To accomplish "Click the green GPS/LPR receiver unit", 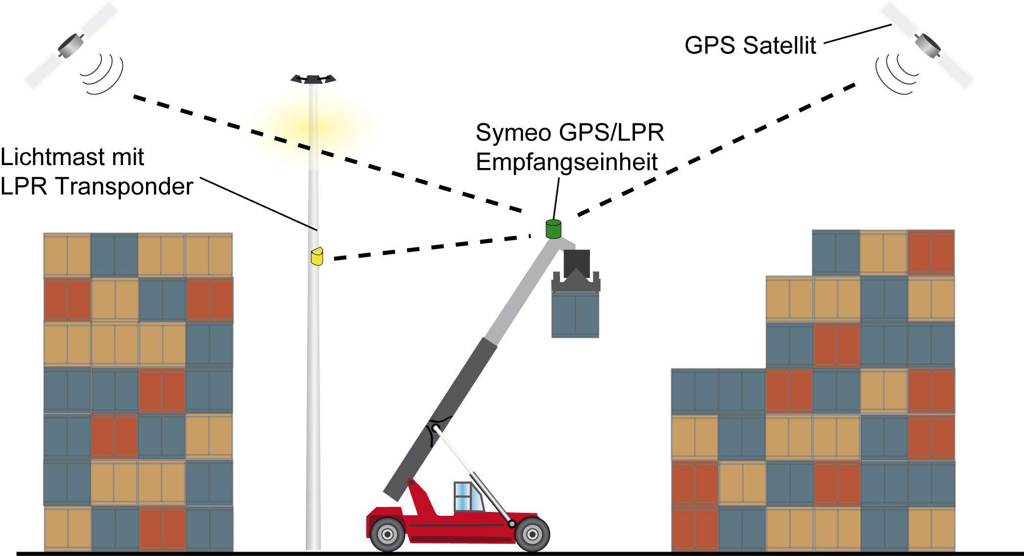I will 553,229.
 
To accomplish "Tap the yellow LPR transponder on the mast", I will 317,256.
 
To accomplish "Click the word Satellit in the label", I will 780,46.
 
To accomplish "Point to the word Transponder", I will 124,187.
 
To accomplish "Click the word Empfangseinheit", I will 566,162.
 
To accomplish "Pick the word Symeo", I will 513,133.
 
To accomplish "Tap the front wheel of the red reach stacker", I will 388,534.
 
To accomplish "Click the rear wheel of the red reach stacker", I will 532,534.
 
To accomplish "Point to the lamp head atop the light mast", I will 313,79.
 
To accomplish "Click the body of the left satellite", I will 71,46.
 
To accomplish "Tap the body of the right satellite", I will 928,45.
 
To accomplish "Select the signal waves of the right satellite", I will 896,74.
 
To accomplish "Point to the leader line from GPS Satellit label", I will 857,33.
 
